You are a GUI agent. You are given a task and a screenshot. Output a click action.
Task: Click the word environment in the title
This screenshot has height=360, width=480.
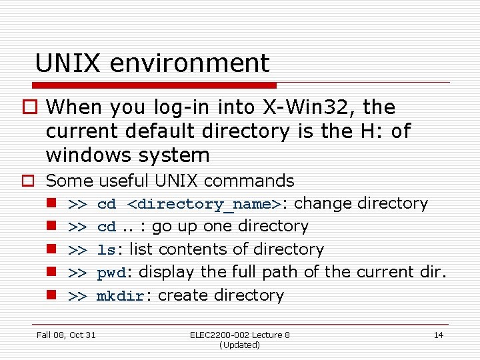pos(189,63)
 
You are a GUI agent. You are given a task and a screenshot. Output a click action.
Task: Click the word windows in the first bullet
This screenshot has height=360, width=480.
pos(82,155)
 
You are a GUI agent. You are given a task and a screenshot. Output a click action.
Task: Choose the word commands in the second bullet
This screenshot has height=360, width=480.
pos(253,181)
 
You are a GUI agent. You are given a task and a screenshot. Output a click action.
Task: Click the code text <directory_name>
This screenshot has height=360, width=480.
pos(203,204)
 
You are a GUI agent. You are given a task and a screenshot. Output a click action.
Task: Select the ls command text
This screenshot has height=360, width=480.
pos(106,250)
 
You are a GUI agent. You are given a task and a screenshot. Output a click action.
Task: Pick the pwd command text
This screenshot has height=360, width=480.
pos(111,273)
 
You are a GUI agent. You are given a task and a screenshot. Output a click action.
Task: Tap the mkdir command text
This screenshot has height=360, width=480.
pos(120,296)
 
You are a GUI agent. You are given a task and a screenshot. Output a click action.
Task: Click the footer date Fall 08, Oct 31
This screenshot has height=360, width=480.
pos(66,335)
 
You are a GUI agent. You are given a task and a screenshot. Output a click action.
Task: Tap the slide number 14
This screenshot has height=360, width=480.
pos(438,335)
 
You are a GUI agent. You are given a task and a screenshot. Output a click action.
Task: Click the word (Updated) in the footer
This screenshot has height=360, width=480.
pos(239,345)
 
